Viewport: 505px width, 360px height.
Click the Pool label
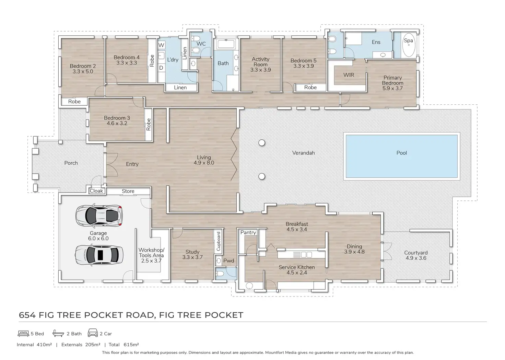(x=401, y=153)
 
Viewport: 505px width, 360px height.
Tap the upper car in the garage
(x=99, y=215)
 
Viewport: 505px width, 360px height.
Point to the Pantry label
(x=248, y=233)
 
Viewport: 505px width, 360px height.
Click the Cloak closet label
(x=96, y=191)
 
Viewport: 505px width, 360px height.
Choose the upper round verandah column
(x=262, y=143)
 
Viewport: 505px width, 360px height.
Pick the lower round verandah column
(x=262, y=176)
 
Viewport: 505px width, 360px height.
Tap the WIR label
(x=349, y=75)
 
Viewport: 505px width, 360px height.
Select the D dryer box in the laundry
(x=161, y=68)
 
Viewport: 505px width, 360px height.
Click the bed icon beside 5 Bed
(x=23, y=333)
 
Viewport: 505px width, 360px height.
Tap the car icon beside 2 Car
(x=93, y=333)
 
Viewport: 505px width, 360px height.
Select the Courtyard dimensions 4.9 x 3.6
(x=416, y=258)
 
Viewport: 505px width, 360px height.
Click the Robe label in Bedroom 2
(x=74, y=102)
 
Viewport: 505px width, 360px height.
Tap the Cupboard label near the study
(x=219, y=241)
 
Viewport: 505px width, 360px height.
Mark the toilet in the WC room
(x=196, y=51)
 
